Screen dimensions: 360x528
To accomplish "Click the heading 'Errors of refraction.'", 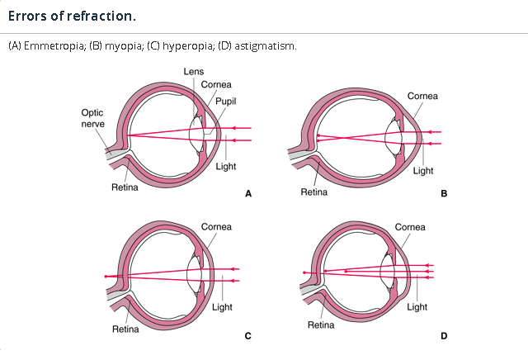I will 72,16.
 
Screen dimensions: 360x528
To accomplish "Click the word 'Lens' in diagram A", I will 194,72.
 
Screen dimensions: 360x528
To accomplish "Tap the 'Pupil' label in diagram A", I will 227,100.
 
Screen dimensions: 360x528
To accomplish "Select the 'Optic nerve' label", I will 92,118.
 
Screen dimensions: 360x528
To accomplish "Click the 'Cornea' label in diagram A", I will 216,84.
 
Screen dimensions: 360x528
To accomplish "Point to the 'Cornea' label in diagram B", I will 423,96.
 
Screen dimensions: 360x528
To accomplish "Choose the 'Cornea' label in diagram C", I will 216,227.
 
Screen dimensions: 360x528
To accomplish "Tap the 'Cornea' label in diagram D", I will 410,227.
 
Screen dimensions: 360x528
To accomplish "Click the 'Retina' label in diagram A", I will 125,187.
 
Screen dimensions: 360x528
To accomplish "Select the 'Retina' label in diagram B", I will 314,192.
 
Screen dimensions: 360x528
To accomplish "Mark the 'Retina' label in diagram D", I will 320,325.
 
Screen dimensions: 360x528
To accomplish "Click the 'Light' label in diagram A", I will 225,166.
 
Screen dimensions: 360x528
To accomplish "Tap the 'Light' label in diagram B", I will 423,171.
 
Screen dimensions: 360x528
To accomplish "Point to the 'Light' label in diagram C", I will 222,307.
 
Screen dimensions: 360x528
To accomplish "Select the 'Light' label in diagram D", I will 417,306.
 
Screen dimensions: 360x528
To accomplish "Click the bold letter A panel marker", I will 247,194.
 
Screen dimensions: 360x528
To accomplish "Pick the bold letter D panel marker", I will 443,336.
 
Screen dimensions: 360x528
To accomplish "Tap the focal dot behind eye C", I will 106,276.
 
